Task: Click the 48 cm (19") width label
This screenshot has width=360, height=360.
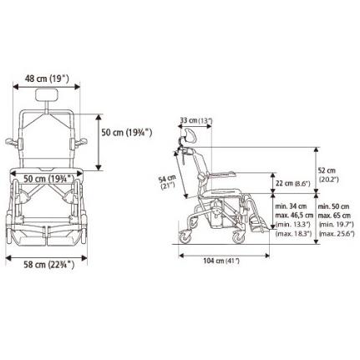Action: (47, 79)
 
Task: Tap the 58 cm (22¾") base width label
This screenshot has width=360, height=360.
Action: (49, 264)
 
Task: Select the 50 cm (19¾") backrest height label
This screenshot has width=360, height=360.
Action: (127, 133)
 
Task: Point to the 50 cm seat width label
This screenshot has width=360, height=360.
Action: (48, 179)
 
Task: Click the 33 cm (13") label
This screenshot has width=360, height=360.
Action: (196, 120)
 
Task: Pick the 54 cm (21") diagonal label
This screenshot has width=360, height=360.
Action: (167, 182)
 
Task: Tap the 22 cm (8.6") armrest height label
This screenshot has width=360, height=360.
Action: (292, 184)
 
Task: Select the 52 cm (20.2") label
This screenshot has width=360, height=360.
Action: (328, 175)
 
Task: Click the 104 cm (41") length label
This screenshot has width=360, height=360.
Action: (221, 261)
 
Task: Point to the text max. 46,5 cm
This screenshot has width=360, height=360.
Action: (294, 215)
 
